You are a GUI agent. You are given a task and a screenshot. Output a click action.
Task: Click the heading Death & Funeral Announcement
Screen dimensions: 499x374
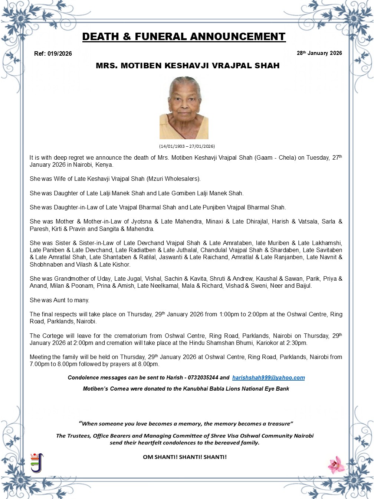coord(184,37)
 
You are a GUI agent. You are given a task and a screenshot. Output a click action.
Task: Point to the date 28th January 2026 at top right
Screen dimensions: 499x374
coord(319,53)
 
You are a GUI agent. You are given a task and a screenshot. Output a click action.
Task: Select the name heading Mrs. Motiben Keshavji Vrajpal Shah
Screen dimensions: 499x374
coord(187,66)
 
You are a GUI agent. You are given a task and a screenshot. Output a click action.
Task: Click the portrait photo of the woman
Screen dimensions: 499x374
coord(184,108)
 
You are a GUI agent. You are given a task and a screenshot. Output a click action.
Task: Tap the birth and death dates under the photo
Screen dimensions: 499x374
coord(187,146)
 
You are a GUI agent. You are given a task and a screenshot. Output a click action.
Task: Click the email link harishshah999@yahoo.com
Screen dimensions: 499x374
coord(269,378)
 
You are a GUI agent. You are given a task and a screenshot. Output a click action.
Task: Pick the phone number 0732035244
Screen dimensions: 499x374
coord(203,378)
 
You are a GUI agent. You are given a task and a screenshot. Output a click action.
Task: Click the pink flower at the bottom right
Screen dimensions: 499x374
coord(336,464)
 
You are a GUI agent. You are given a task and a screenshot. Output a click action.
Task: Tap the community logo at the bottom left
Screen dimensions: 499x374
coord(37,463)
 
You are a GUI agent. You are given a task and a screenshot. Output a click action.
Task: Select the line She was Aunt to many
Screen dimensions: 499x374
coord(59,300)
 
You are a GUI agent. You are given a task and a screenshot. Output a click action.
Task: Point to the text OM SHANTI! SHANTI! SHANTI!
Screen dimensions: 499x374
coord(184,457)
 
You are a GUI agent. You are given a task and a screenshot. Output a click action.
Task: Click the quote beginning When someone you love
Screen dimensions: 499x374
coord(186,424)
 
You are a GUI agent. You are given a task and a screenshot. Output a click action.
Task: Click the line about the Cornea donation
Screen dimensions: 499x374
coord(186,389)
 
